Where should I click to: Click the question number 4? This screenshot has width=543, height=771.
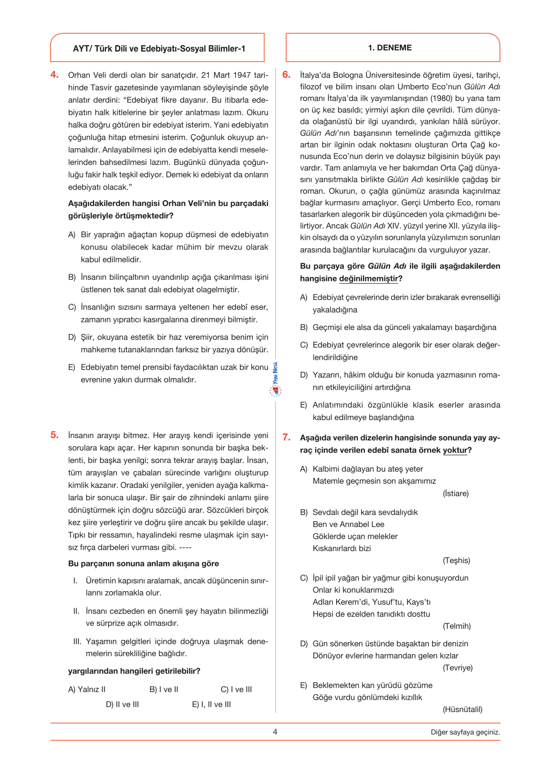(x=54, y=75)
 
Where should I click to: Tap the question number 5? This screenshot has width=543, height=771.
(x=54, y=435)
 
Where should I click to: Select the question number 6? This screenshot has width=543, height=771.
(x=286, y=75)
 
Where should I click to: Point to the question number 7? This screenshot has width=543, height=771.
(x=286, y=437)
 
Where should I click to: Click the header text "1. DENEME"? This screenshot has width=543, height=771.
(x=390, y=48)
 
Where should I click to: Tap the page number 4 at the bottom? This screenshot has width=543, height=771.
(x=275, y=732)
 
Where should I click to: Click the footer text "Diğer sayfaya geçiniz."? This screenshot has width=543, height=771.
(x=465, y=732)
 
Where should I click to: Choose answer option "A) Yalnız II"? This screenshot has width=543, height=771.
(x=87, y=689)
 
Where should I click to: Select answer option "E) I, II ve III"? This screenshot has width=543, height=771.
(x=211, y=705)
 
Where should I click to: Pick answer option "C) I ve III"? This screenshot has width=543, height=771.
(x=236, y=689)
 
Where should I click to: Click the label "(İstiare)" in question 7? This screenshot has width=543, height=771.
(x=456, y=494)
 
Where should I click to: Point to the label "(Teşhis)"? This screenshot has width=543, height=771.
(x=456, y=561)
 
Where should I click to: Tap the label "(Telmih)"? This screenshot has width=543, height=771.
(x=457, y=626)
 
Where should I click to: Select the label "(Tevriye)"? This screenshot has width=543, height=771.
(x=457, y=668)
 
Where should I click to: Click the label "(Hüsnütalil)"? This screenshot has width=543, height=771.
(x=462, y=709)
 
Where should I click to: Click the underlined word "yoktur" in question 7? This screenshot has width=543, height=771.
(x=455, y=450)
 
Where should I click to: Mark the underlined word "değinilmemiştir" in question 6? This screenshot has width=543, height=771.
(x=368, y=279)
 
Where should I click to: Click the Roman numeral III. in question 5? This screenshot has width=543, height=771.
(x=78, y=642)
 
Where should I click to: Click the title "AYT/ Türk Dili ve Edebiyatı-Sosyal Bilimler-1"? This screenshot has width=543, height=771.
(x=159, y=49)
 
